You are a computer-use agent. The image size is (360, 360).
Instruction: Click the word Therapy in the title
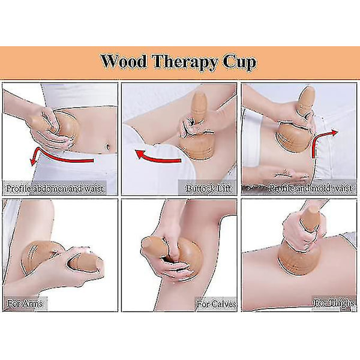[x=185, y=62]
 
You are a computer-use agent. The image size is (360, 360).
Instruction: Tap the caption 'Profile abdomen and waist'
[x=55, y=188]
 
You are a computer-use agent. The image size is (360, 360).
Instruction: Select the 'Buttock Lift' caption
[x=208, y=188]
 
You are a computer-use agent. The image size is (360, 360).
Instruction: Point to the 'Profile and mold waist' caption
[x=310, y=188]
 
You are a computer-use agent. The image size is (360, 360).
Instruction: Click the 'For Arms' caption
[x=25, y=304]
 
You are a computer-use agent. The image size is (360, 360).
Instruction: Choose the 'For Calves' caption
[x=217, y=304]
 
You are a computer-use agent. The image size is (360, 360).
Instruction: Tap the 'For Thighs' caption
[x=334, y=303]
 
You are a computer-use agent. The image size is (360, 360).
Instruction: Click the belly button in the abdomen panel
[x=107, y=146]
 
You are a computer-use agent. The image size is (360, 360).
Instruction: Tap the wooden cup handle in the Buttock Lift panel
[x=199, y=106]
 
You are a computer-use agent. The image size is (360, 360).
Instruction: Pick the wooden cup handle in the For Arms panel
[x=85, y=262]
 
